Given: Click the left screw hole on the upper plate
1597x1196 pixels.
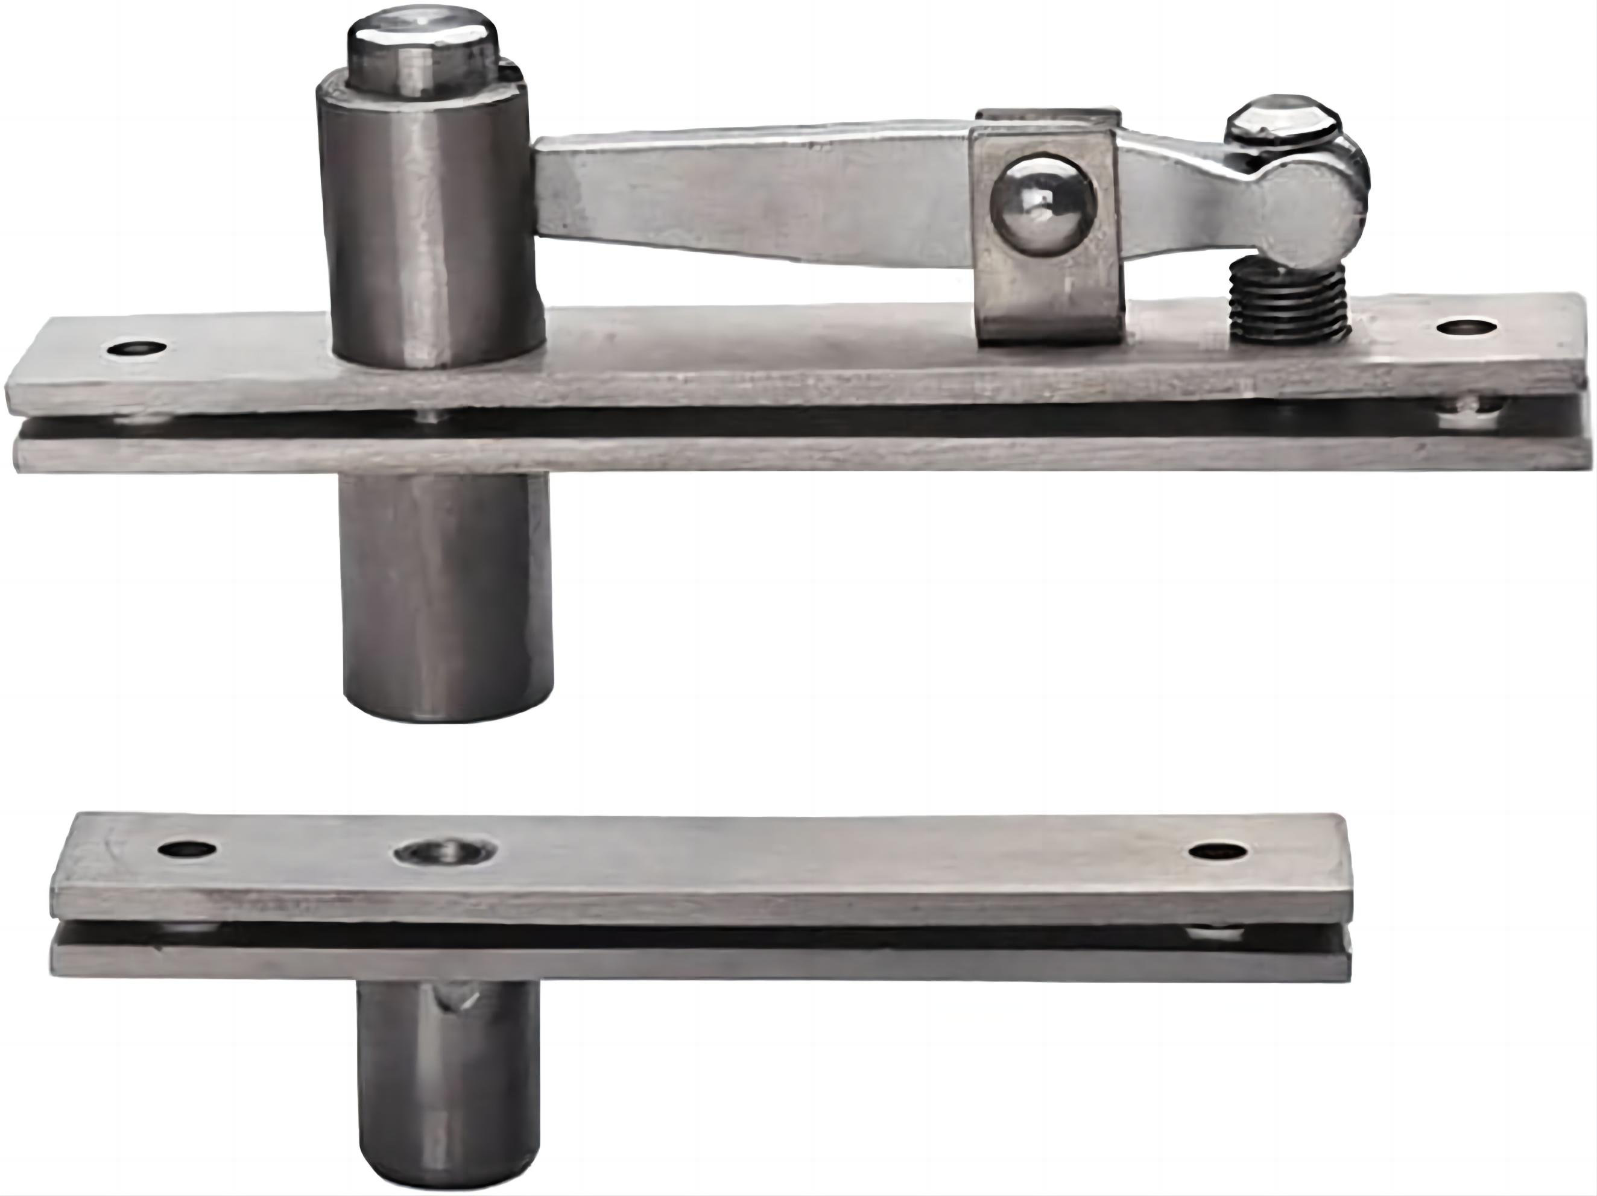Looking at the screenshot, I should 136,350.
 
